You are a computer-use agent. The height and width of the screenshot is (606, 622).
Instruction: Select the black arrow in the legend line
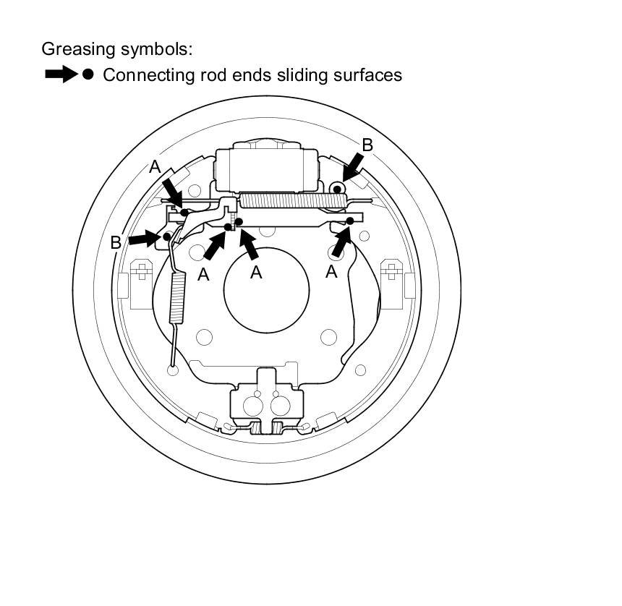61,74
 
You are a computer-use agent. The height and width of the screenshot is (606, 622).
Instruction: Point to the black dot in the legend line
88,74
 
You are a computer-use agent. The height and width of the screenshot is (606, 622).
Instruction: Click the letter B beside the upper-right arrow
367,145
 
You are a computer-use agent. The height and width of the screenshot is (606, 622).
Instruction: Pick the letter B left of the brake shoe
116,243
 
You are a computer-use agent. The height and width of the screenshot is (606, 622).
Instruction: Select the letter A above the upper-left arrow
155,167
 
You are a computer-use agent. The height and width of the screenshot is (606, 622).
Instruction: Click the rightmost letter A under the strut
332,272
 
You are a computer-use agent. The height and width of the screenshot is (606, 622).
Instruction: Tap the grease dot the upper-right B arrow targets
336,189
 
